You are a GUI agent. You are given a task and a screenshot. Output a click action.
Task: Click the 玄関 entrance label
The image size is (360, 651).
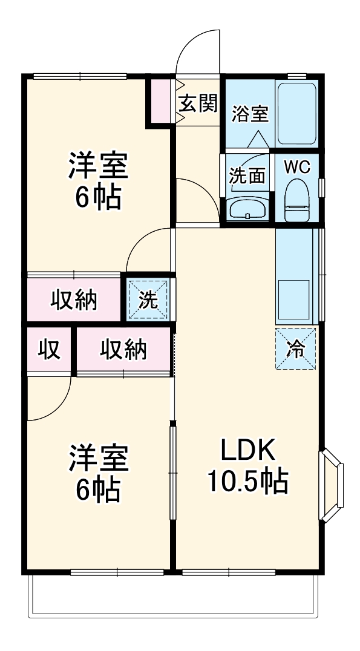coord(197,104)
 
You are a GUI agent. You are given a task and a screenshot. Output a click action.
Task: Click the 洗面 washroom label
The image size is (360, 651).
coord(247,175)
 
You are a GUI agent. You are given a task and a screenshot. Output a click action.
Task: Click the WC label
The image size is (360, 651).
coord(297,168)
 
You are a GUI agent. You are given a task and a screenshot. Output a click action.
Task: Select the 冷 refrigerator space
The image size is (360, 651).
coord(296,348)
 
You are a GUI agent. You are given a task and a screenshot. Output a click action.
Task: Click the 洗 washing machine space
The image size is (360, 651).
coord(149,299)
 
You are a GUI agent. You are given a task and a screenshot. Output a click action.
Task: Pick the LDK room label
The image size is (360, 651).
coord(247,451)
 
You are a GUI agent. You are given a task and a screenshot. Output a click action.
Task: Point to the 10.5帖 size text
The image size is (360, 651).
coord(247,481)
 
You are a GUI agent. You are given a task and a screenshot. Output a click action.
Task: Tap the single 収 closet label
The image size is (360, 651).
coord(50,350)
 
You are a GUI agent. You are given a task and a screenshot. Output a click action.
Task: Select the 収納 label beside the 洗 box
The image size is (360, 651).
coord(74,299)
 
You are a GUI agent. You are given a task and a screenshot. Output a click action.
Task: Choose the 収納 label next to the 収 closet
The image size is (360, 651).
coord(123,350)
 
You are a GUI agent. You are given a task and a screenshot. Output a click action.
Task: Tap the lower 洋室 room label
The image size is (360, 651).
coord(98,460)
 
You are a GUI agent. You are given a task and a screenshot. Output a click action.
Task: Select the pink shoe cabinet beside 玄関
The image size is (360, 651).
coord(160,100)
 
